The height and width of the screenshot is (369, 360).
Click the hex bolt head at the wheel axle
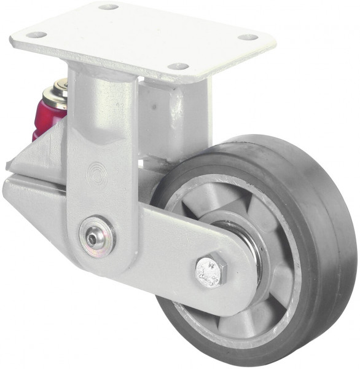211,269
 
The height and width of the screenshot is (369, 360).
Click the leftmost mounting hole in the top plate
36,34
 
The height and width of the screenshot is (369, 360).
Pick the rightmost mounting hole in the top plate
248,38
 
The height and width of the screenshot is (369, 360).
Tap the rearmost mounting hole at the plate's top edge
108,7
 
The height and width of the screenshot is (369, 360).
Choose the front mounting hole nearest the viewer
178,66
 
